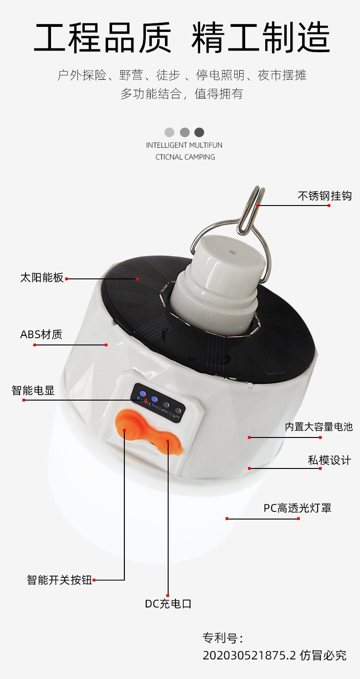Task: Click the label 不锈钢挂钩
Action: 324,196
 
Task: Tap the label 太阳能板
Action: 42,278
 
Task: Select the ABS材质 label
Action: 41,334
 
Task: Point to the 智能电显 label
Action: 33,390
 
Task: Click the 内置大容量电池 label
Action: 319,427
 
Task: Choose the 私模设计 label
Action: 329,460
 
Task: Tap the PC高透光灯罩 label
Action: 297,508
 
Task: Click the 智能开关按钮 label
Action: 59,580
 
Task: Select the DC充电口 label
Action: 168,604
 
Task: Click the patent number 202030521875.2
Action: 249,655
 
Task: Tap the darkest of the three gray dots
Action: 199,132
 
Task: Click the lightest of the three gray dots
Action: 170,132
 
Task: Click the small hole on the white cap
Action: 232,252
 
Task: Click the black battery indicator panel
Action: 158,402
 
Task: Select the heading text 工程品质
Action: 103,37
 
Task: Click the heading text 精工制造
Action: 261,37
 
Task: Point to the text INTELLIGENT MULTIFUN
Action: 184,145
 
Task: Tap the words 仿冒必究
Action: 323,655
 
